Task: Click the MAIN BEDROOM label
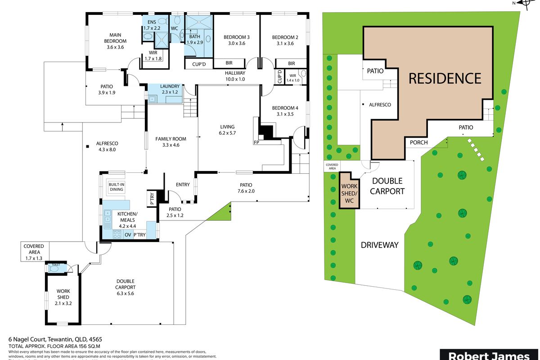(x=114, y=40)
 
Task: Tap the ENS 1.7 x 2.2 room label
(x=152, y=24)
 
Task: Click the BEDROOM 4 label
(x=285, y=111)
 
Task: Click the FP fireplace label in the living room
(x=256, y=142)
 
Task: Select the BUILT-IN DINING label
(x=116, y=187)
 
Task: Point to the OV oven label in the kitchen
(x=127, y=234)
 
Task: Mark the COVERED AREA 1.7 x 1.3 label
(x=34, y=252)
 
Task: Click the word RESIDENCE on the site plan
(x=445, y=78)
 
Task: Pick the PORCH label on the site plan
(x=416, y=143)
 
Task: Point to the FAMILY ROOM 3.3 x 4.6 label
(x=171, y=142)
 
